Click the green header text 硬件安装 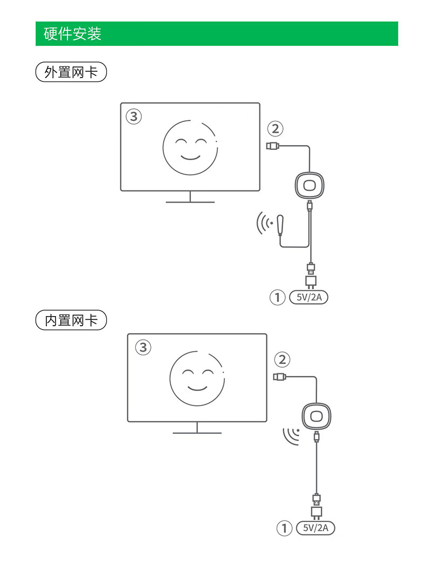click(72, 34)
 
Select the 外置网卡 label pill click(71, 72)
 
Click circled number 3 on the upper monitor click(134, 116)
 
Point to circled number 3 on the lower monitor click(142, 347)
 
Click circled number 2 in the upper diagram click(275, 128)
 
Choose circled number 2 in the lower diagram click(282, 359)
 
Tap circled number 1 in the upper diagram click(277, 297)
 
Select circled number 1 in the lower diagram click(284, 528)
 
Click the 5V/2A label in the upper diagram click(308, 297)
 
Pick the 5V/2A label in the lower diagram click(316, 528)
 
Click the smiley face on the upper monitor click(190, 147)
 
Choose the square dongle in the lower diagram click(316, 416)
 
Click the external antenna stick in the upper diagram click(280, 225)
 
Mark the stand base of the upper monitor click(190, 202)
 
